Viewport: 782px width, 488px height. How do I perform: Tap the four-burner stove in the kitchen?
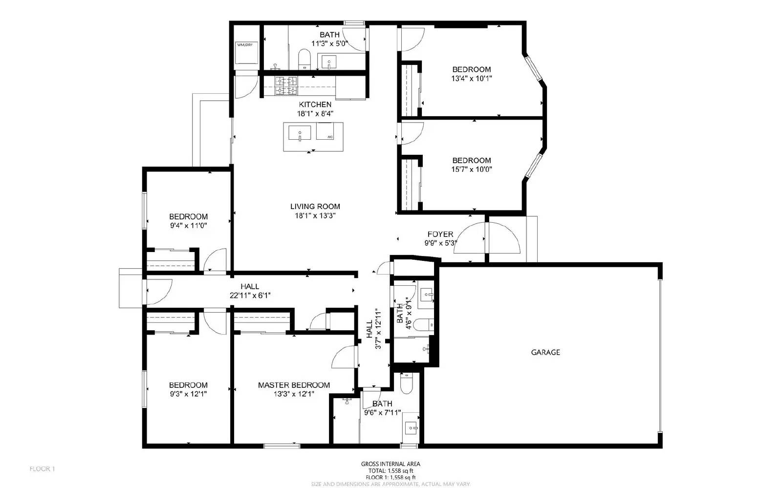[x=286, y=85]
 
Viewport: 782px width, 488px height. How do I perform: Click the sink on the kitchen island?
[x=299, y=133]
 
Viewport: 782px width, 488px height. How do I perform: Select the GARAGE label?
[x=545, y=352]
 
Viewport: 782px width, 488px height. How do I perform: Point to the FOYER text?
[x=440, y=234]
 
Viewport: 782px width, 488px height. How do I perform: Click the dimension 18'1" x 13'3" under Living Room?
[x=315, y=215]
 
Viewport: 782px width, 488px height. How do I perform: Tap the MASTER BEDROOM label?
[x=294, y=385]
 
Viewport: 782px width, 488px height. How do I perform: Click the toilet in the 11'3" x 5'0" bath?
[x=304, y=59]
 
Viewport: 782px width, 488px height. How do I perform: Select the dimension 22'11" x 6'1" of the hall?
[x=250, y=295]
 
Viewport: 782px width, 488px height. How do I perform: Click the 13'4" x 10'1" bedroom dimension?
[x=471, y=78]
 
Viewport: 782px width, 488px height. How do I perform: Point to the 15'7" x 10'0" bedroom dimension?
[x=471, y=170]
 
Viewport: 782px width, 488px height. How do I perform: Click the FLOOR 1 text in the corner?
[x=42, y=469]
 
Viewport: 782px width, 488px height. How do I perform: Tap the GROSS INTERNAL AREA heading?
[x=390, y=464]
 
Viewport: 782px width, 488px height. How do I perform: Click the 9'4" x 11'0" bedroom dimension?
[x=188, y=226]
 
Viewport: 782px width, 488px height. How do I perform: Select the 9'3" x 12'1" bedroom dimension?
[x=188, y=394]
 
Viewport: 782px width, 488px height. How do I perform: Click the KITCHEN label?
[x=315, y=105]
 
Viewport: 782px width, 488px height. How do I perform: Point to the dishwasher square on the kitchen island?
[x=329, y=132]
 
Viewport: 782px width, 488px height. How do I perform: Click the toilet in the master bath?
[x=406, y=383]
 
